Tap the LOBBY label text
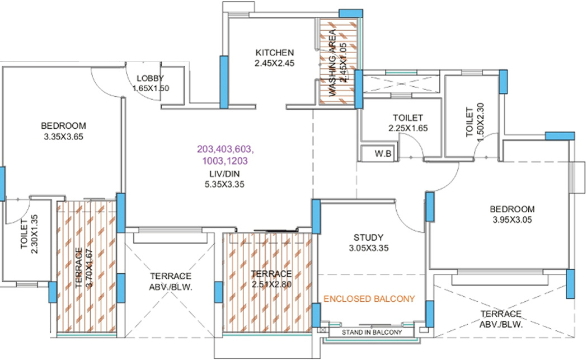coord(150,78)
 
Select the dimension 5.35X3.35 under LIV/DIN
coord(226,183)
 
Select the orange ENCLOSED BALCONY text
coord(369,299)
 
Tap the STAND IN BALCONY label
coord(372,332)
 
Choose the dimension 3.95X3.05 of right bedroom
coord(513,220)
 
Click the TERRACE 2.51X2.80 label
coord(271,279)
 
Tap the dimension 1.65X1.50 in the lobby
coord(151,88)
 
